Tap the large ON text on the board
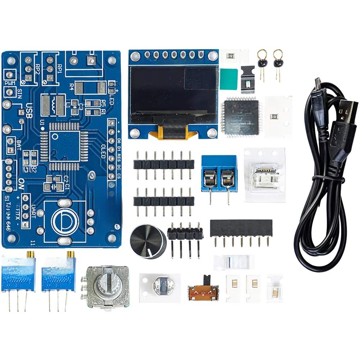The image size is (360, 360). [x=22, y=183]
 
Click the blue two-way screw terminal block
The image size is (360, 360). [x=219, y=174]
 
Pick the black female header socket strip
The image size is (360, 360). [x=241, y=228]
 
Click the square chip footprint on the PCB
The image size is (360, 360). [x=65, y=146]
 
